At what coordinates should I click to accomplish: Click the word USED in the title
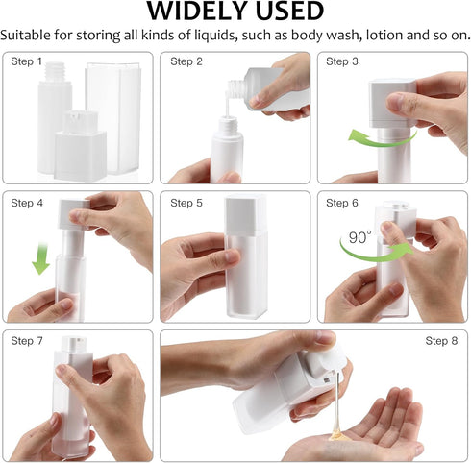coord(289,12)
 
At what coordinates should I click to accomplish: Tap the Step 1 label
coord(27,62)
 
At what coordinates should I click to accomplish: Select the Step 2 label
coord(186,62)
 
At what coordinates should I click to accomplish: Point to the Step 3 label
coord(342,62)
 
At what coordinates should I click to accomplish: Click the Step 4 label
coord(27,203)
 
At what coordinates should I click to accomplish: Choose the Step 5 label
coord(186,203)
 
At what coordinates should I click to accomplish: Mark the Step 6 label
coord(342,203)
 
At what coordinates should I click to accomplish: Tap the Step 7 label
coord(27,341)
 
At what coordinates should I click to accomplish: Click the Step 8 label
coord(441,341)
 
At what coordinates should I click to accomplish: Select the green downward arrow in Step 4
coord(40,259)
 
